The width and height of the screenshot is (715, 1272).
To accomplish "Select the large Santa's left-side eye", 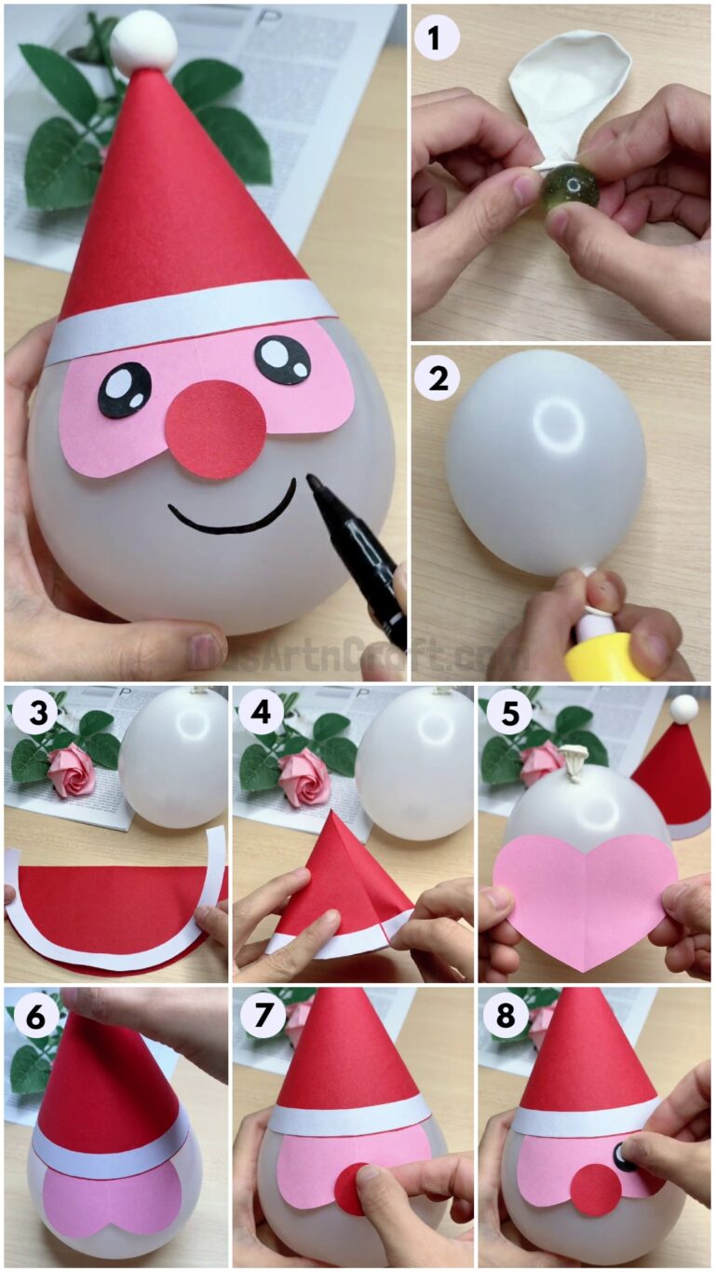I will point(124,390).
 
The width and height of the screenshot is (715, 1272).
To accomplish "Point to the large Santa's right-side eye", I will point(283,359).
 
